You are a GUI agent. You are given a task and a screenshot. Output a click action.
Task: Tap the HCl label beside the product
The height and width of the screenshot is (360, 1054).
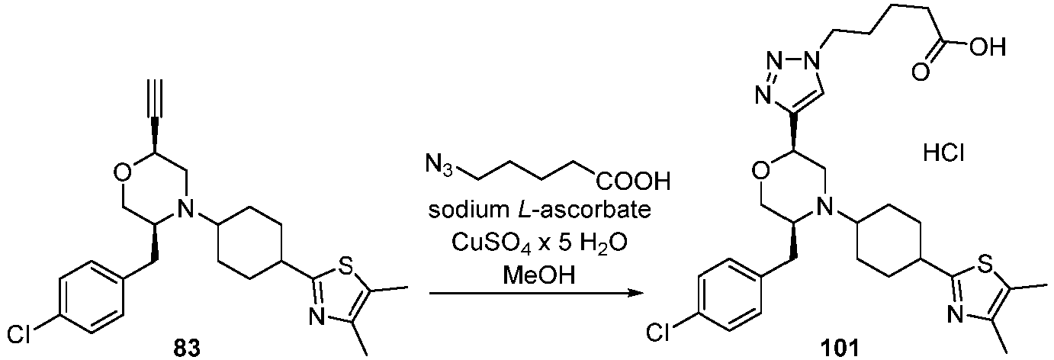pyautogui.click(x=944, y=154)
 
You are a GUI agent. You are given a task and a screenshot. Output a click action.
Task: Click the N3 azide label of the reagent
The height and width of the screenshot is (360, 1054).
pyautogui.click(x=438, y=166)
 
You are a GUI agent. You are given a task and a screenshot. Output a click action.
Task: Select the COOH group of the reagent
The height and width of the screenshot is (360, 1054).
pyautogui.click(x=633, y=181)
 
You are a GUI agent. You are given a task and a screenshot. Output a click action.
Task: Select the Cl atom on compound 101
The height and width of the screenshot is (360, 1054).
pyautogui.click(x=659, y=333)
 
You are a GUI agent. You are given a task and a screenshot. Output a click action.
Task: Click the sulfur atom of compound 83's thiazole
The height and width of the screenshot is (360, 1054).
pyautogui.click(x=346, y=268)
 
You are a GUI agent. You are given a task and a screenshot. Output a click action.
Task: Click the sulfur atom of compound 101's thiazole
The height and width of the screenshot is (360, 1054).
pyautogui.click(x=985, y=267)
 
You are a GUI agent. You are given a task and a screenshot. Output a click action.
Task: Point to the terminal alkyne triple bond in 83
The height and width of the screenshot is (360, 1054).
pyautogui.click(x=156, y=99)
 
